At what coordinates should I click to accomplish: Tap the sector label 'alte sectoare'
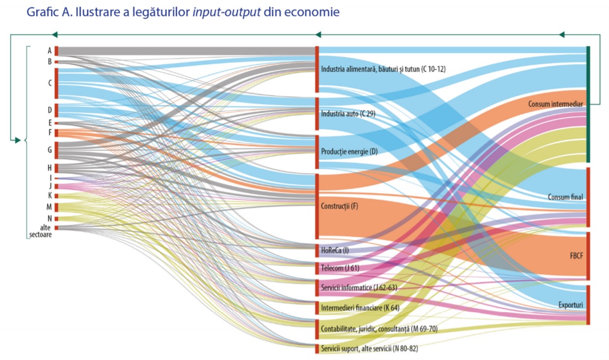tap(41, 231)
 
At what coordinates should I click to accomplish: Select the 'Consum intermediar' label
tap(555, 103)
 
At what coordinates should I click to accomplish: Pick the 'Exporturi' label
tap(570, 304)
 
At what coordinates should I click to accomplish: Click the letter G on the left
tap(50, 150)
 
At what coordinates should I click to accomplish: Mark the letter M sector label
tap(49, 207)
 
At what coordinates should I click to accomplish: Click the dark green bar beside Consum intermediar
tap(588, 104)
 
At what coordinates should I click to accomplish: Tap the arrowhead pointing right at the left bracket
tap(17, 140)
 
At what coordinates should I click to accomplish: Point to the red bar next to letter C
tap(56, 83)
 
